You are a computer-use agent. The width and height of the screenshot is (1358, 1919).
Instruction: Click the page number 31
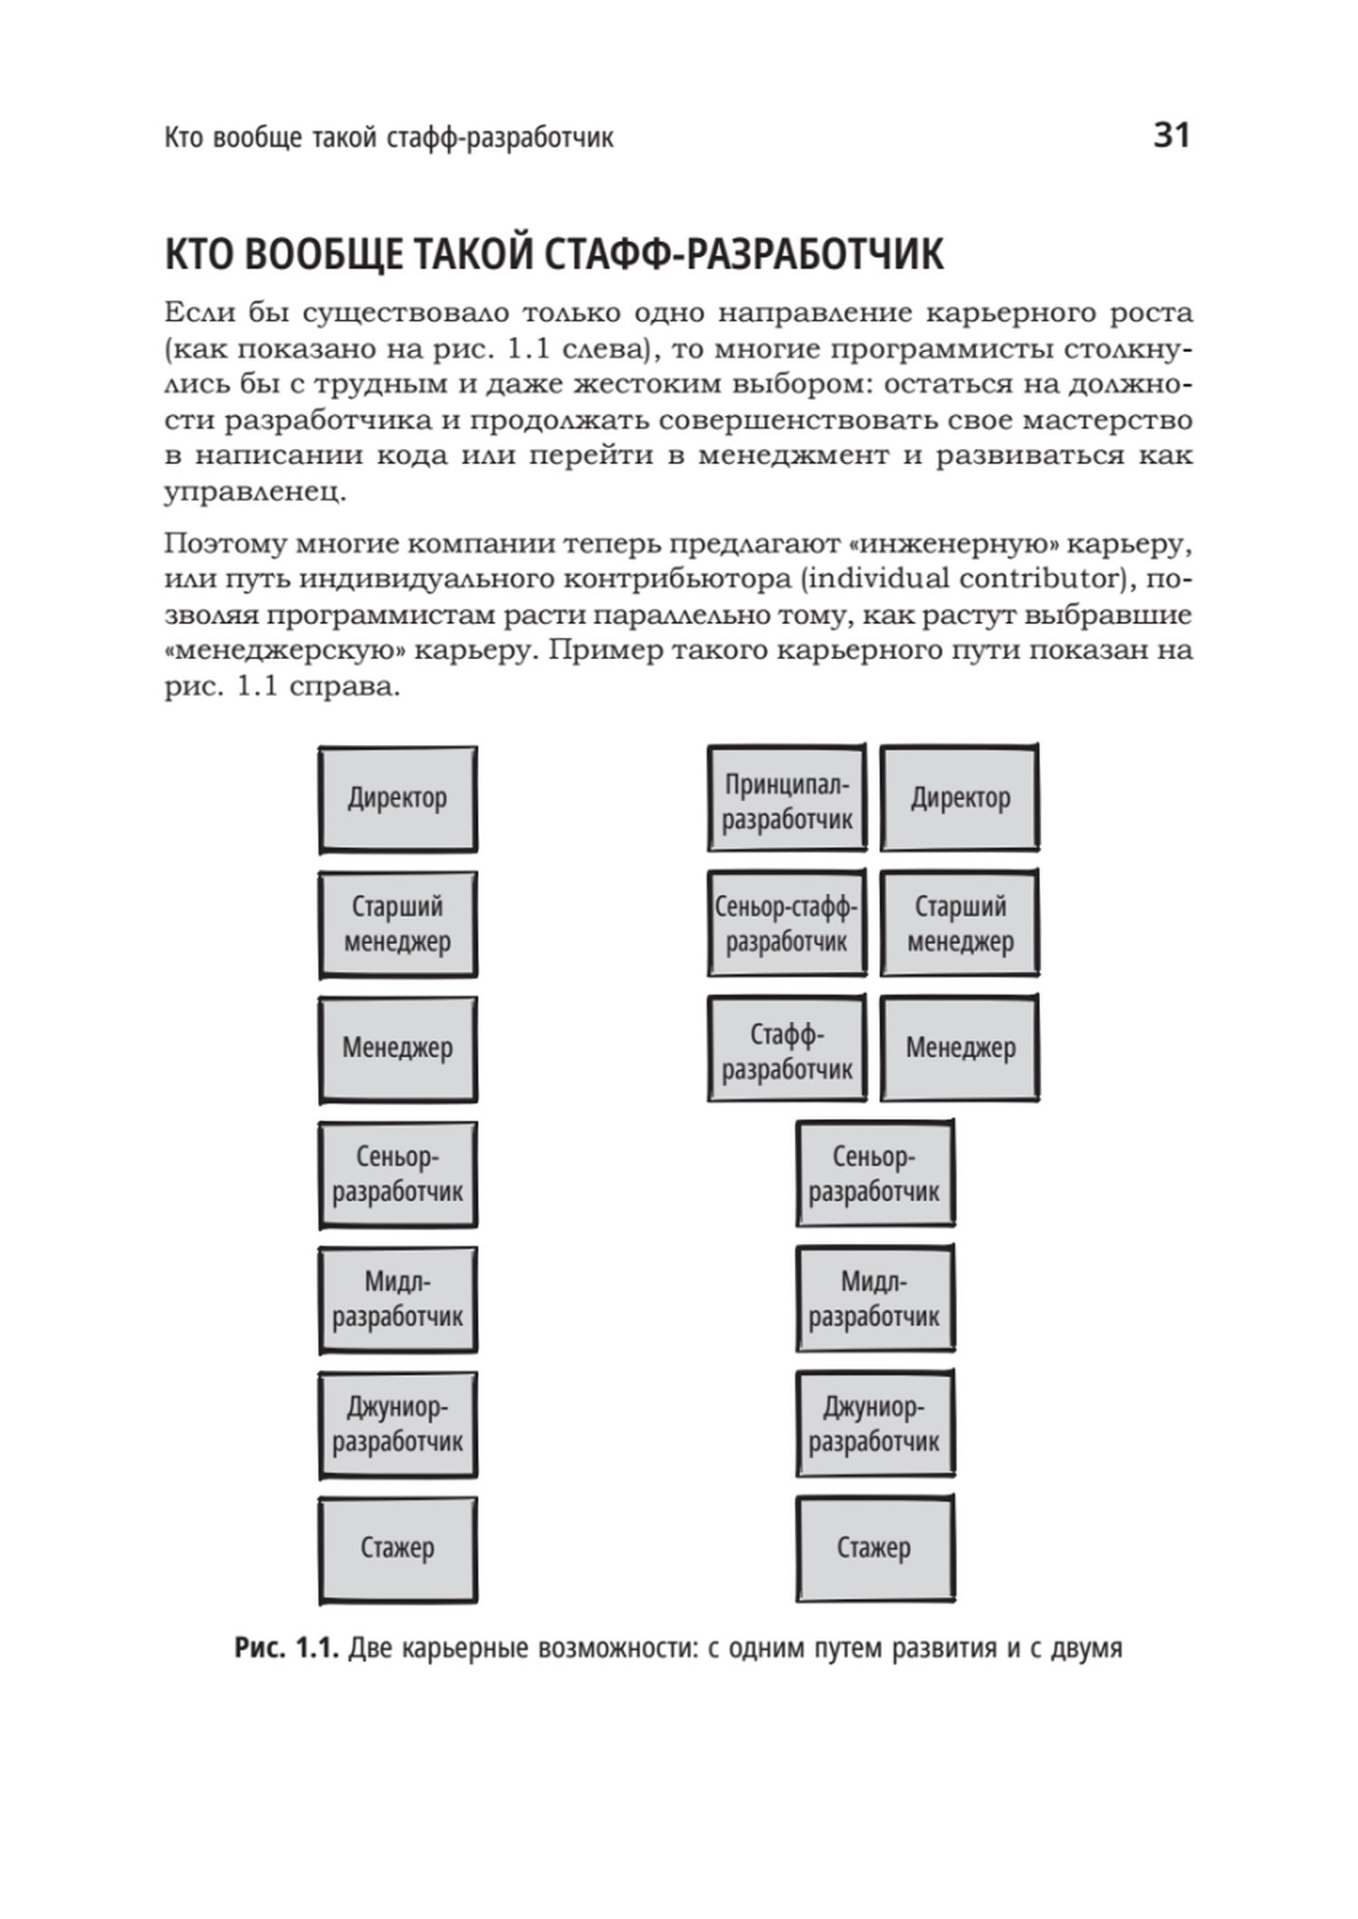coord(1171,136)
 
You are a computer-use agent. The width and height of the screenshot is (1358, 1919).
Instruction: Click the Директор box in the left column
coord(397,798)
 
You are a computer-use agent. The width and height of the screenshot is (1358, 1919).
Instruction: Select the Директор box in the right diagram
coord(960,797)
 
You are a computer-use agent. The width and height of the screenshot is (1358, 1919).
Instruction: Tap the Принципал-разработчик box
coord(787,797)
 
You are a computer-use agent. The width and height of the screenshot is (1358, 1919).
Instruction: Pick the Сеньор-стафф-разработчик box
coord(786,922)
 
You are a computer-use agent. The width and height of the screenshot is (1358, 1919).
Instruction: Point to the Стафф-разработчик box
coord(787,1048)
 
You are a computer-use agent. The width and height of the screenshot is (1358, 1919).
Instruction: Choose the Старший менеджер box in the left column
coord(397,923)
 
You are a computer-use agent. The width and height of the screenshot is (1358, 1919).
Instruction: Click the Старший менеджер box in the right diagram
coord(960,922)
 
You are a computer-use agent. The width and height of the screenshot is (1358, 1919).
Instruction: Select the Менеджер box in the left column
coord(397,1049)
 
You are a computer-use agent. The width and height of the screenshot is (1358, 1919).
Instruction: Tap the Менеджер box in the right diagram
coord(960,1048)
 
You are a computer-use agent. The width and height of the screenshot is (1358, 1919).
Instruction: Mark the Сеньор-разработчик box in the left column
coord(397,1174)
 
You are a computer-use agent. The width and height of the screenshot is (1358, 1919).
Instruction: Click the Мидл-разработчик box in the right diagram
coord(875,1298)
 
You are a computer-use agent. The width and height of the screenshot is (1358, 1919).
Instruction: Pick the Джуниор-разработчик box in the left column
coord(397,1424)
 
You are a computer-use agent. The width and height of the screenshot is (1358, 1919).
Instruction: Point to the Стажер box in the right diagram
coord(875,1548)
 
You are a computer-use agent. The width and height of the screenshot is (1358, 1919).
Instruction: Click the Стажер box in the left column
coord(397,1549)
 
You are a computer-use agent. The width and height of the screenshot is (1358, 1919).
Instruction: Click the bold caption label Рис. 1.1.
coord(286,1648)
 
